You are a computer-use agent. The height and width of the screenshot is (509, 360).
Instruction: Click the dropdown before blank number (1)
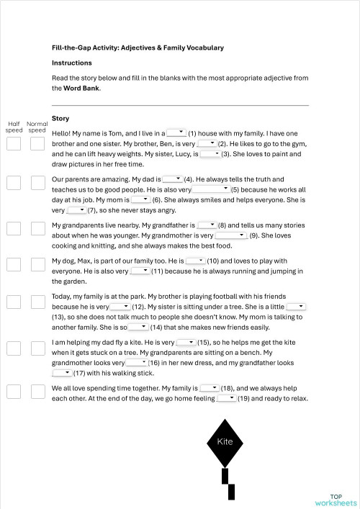[176, 132]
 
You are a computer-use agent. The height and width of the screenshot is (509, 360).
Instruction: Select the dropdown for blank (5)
[210, 189]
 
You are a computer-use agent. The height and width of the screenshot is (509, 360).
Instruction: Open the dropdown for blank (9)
[231, 235]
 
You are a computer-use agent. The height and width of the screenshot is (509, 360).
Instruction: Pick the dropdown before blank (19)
[226, 397]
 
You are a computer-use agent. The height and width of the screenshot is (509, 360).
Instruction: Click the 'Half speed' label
[14, 127]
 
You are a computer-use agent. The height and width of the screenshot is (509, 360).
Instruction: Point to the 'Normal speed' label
[37, 127]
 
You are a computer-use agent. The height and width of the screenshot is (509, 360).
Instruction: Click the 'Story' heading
[60, 118]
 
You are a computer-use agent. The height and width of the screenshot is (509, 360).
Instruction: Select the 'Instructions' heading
[72, 63]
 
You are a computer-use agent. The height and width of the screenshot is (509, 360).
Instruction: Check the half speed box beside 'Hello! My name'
[14, 143]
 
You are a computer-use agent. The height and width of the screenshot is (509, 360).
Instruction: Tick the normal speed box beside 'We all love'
[37, 391]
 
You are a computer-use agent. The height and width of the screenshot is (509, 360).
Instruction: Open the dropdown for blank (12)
[120, 306]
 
